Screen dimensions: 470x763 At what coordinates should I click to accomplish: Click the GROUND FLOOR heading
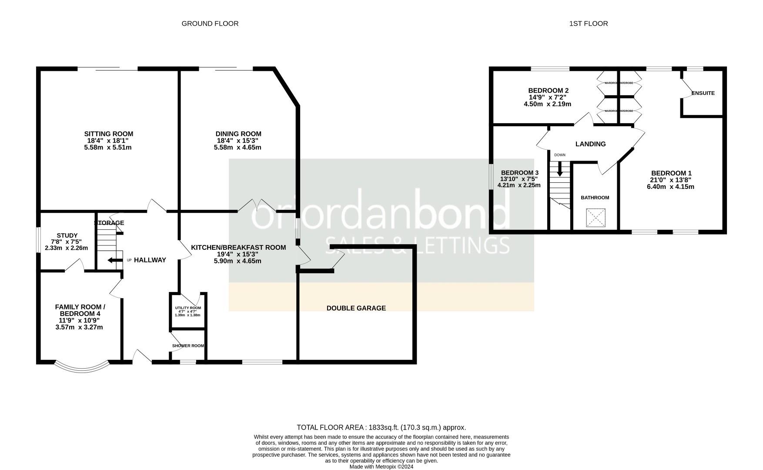click(210, 23)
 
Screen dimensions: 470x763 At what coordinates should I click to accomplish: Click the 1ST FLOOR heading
click(588, 23)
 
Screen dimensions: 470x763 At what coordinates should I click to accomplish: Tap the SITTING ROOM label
click(108, 134)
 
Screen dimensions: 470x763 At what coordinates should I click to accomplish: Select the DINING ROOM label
click(238, 134)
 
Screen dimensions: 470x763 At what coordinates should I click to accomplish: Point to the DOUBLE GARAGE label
click(356, 308)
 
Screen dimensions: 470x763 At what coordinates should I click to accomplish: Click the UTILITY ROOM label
click(188, 308)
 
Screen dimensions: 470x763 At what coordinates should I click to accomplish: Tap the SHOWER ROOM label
click(188, 346)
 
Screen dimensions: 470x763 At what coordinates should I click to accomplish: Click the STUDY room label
click(67, 235)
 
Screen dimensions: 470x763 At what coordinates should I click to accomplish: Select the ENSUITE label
click(703, 93)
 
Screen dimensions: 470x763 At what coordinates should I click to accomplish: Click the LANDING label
click(590, 144)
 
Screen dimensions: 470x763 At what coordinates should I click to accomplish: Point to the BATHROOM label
click(595, 198)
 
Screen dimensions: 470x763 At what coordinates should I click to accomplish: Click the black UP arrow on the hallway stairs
click(115, 260)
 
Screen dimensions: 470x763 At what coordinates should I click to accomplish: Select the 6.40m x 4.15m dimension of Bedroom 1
click(670, 187)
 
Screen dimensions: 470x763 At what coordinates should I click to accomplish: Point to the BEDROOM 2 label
click(548, 91)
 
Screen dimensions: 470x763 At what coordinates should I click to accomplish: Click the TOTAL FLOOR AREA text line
click(381, 427)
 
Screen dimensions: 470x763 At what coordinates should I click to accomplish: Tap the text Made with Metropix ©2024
click(381, 467)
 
